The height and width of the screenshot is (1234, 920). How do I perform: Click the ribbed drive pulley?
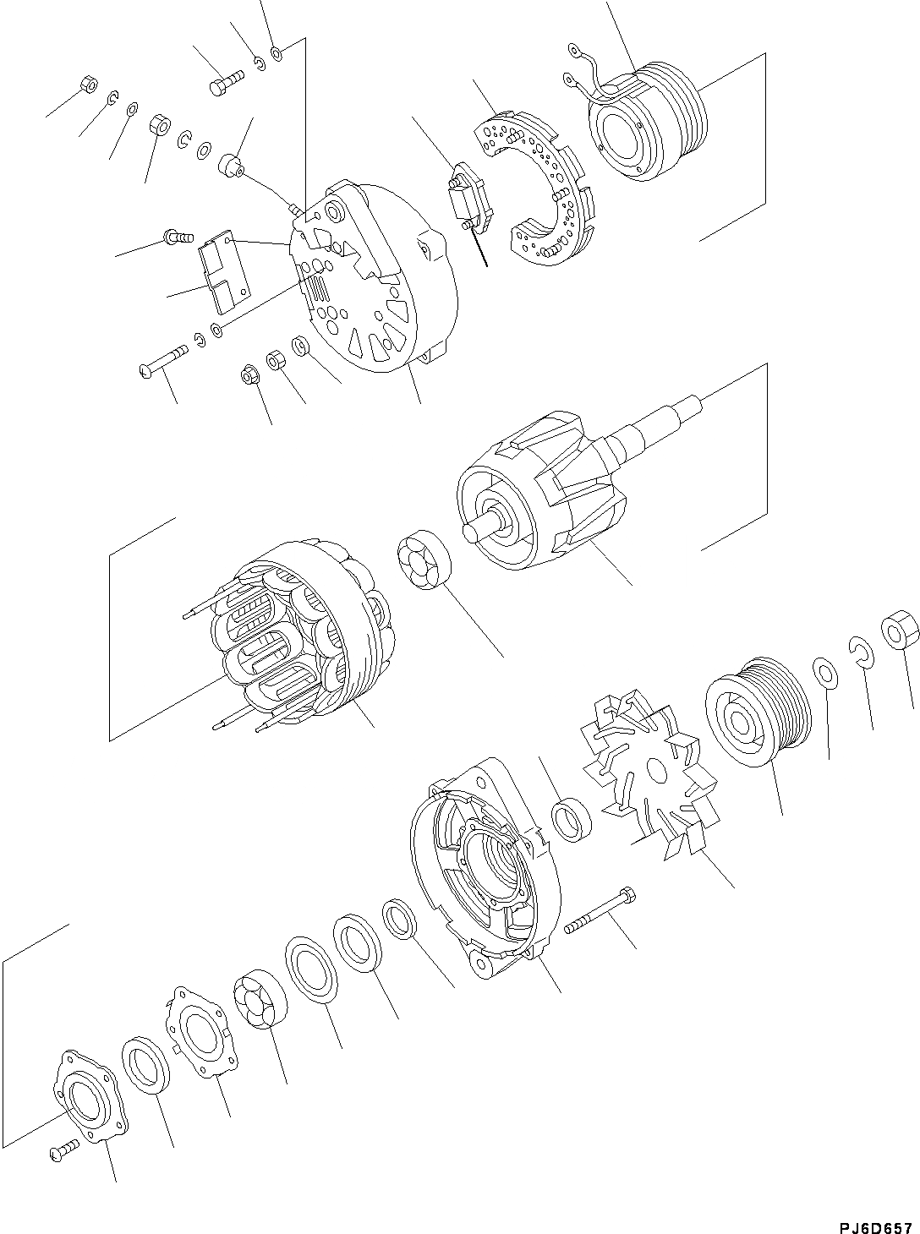pos(754,711)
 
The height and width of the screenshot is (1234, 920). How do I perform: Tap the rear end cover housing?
pos(372,279)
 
